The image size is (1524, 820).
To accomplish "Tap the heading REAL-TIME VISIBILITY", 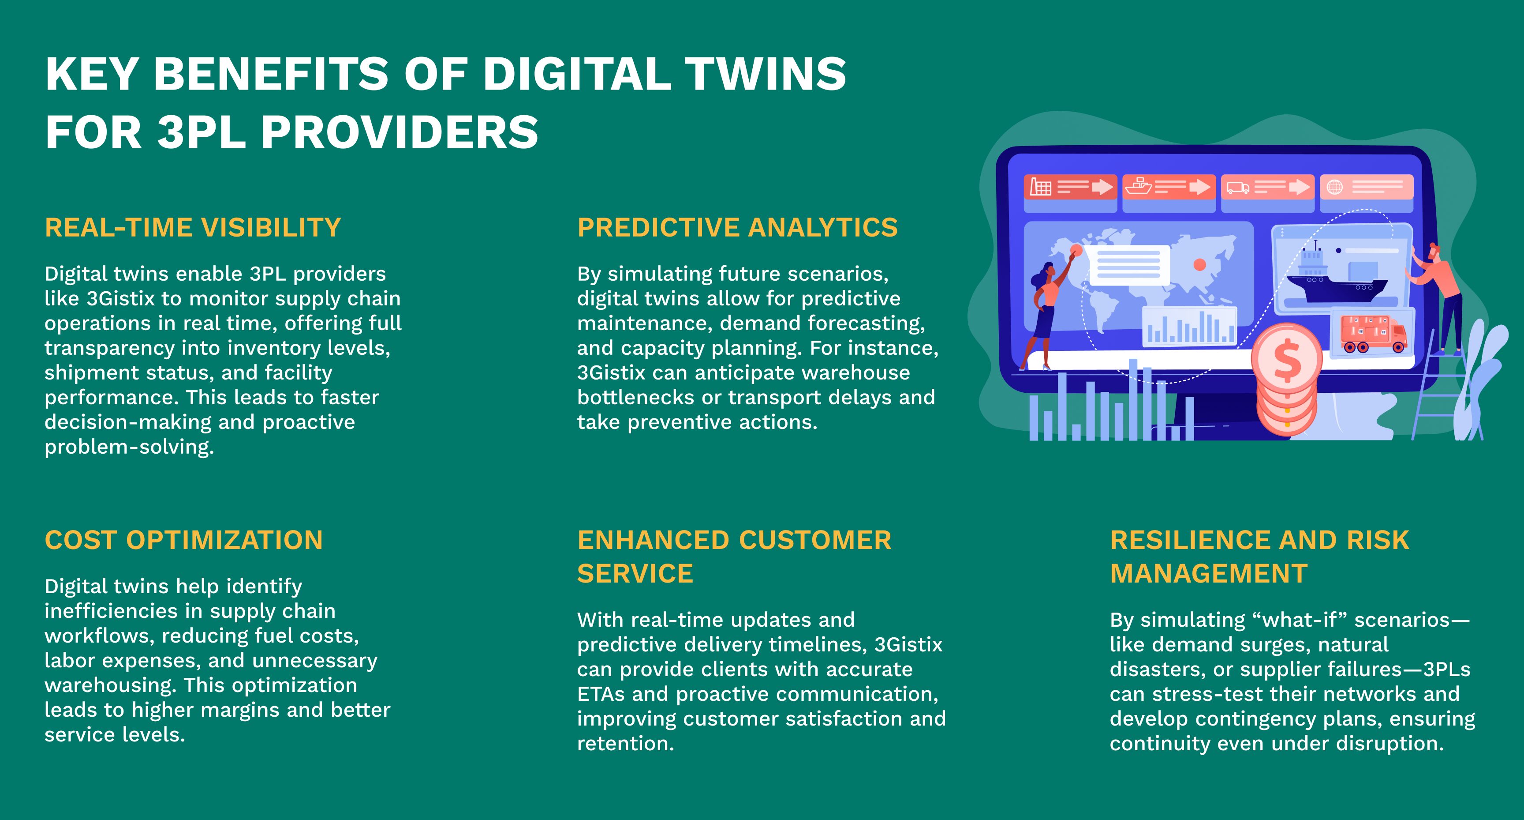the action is (x=193, y=227).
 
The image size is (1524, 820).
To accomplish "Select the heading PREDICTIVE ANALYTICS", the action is (x=737, y=227).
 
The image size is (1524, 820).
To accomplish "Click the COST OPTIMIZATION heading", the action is (x=184, y=540).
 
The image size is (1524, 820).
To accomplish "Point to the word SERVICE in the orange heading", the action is (x=635, y=574).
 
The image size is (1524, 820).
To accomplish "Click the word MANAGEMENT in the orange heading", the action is (x=1209, y=574).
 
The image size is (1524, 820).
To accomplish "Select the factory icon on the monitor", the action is (x=1041, y=187).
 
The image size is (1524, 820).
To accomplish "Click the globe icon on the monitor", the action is (x=1335, y=187).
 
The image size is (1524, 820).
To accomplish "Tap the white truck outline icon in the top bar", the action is (x=1238, y=188).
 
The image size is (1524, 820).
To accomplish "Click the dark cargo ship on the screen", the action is (x=1337, y=276).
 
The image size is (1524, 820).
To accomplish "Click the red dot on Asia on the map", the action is (x=1199, y=265).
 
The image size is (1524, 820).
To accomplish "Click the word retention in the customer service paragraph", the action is (x=626, y=744).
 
